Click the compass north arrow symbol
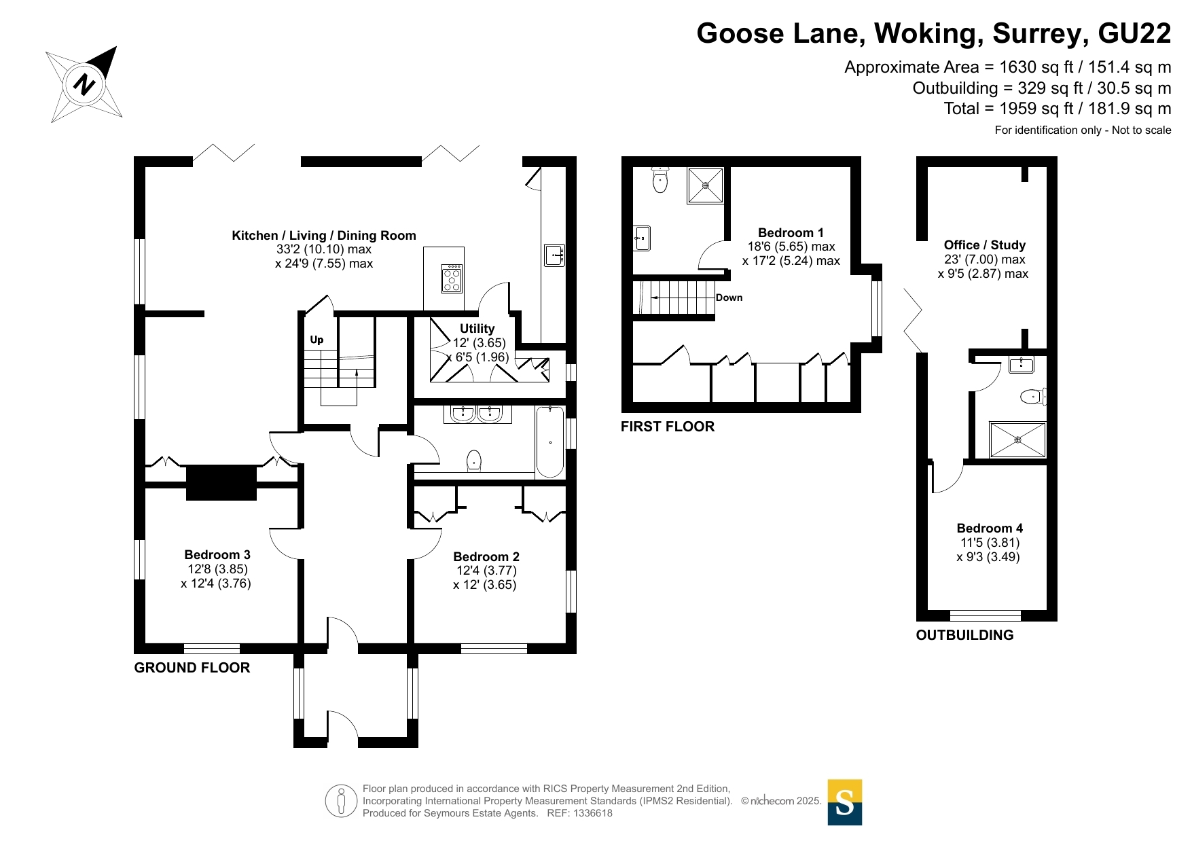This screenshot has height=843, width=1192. point(84,84)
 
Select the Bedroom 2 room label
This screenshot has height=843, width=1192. point(486,557)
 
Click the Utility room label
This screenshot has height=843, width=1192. point(477,329)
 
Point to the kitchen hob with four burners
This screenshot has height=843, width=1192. point(452,279)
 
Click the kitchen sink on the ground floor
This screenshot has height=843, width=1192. point(554,255)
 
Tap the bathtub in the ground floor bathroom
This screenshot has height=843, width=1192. point(549,442)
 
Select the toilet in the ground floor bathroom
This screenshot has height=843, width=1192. point(474,461)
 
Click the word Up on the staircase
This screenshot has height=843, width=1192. point(317,340)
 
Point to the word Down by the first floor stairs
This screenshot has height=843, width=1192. point(729,298)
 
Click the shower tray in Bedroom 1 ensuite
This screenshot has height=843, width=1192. point(706,185)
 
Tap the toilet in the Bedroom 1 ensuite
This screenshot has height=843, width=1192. point(660,179)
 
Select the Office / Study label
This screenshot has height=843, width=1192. point(984,245)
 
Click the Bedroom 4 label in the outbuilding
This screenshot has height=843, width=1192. point(990,528)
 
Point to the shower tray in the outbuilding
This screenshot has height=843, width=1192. point(1017,440)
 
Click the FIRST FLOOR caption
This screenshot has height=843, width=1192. point(668,427)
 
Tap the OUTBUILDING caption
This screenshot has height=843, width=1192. point(964,635)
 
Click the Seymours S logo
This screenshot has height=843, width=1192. point(845,802)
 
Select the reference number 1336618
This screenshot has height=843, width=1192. point(593,813)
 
